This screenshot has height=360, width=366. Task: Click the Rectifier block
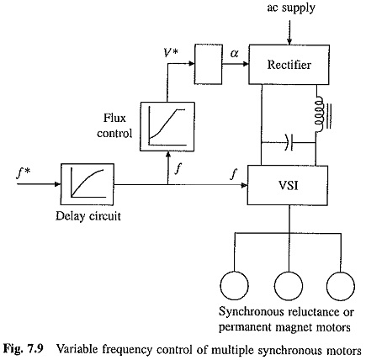coord(289,65)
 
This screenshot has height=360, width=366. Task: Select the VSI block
coord(288,185)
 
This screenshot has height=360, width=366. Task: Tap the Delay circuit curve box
coord(88,184)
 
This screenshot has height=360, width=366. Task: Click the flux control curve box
coord(167,126)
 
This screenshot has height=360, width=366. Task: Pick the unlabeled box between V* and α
coord(209,64)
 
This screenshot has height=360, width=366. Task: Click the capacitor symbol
coord(289,143)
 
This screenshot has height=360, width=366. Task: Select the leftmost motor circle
coord(235,285)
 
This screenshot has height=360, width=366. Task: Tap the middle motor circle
coord(289,285)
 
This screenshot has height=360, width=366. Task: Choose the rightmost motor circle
coord(341,285)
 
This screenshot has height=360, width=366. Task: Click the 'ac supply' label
coord(291,8)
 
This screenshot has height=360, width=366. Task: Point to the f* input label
coord(23,174)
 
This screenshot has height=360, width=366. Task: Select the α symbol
coord(234,53)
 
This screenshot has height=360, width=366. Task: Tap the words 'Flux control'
coord(114,125)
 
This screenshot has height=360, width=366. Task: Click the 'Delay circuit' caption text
coord(88,216)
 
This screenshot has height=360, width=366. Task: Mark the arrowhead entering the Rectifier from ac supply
coord(289,42)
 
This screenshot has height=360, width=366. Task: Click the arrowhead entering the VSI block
coord(244,185)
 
